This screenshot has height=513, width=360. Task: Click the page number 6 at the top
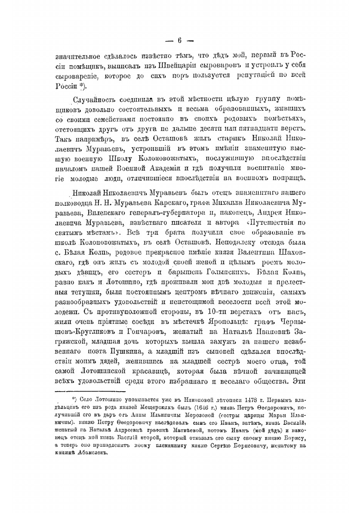click(x=179, y=40)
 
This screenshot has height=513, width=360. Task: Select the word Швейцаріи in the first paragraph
click(x=178, y=66)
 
